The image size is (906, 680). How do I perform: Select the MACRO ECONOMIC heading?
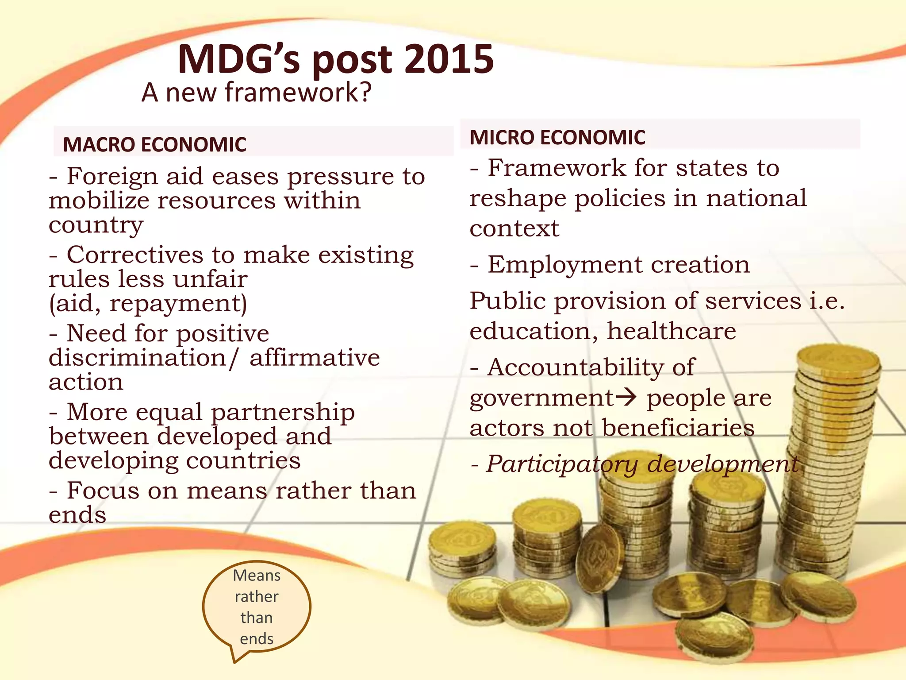click(154, 144)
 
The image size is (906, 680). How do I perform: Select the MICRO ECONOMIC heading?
click(557, 137)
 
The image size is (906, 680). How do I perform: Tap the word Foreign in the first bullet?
click(112, 176)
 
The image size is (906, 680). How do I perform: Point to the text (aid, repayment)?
click(148, 303)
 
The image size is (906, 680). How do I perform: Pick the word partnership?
click(283, 412)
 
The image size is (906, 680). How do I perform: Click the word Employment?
click(564, 264)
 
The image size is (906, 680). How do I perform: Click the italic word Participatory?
click(562, 464)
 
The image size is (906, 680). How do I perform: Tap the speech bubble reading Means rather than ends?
click(257, 607)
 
